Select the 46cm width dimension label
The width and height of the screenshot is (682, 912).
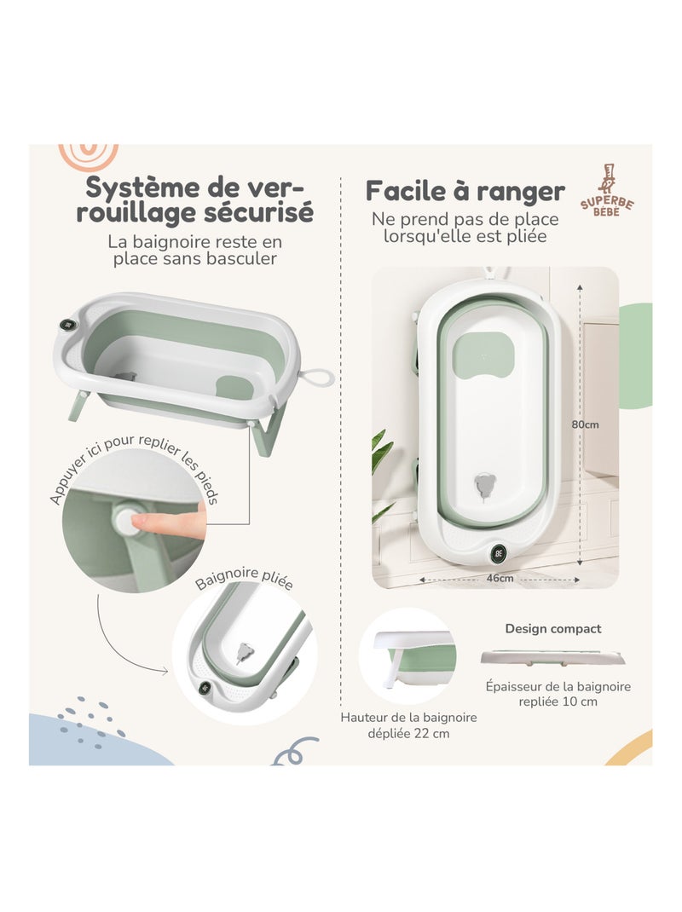(500, 578)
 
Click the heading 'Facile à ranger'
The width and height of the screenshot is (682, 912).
(465, 190)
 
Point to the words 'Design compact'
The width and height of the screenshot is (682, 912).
(553, 629)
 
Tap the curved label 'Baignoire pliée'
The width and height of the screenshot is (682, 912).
(244, 581)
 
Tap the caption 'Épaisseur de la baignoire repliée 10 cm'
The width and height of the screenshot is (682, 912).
(558, 694)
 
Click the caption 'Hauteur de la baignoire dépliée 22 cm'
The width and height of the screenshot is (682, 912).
(408, 725)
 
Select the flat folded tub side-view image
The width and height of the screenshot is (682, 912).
(552, 657)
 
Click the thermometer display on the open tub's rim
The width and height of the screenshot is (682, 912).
(66, 324)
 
